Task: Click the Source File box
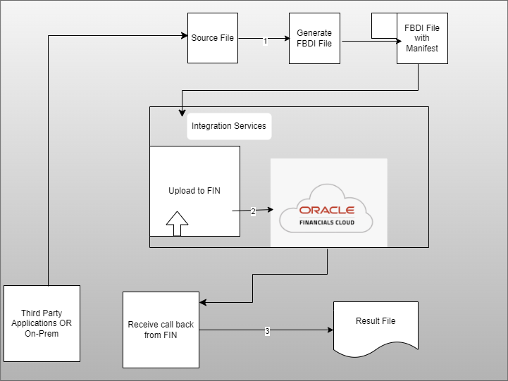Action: (213, 38)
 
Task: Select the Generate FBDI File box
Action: (314, 38)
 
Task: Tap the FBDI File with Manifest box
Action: (422, 38)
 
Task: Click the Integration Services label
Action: (229, 126)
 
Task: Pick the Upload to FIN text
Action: (194, 191)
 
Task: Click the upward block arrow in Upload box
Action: (178, 223)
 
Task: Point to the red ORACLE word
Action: (327, 210)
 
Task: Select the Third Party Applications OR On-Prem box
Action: (42, 323)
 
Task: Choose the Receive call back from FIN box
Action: (161, 330)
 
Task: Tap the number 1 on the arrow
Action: (265, 42)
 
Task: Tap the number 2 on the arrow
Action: (253, 211)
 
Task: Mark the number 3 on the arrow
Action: (267, 330)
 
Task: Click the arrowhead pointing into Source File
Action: (183, 35)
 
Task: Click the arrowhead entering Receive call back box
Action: (204, 303)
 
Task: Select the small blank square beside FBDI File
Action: (384, 25)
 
